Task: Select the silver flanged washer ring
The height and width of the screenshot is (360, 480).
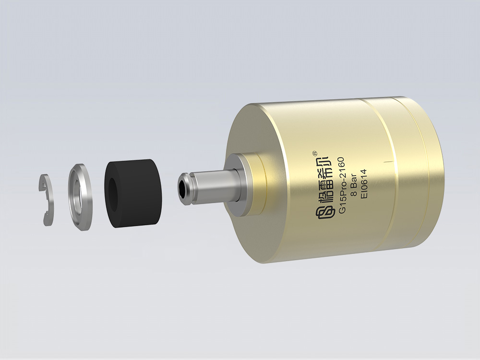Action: [79, 197]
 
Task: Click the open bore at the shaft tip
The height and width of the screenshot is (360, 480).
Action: [183, 189]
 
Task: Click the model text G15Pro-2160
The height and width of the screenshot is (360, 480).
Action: [342, 185]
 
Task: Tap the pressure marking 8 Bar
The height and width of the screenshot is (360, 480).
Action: [353, 185]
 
